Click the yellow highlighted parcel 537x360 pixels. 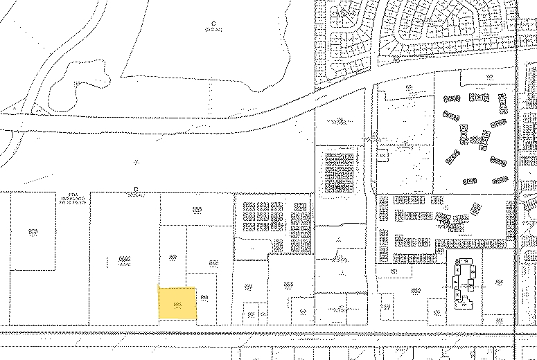(x=178, y=303)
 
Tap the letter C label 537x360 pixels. (x=214, y=24)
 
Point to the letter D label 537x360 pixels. (x=137, y=188)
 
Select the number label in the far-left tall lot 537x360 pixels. (x=33, y=231)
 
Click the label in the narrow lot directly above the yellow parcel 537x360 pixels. (x=173, y=257)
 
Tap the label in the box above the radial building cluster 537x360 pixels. (x=410, y=88)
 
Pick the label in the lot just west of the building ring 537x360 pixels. (x=416, y=290)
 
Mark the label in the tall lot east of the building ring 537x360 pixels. (x=500, y=282)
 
